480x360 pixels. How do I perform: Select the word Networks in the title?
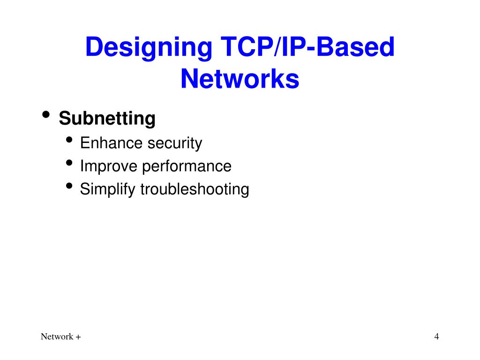coord(240,79)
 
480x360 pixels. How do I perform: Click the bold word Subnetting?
coord(107,119)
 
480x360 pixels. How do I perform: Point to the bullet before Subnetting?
coord(46,115)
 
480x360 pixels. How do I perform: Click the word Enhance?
coord(111,143)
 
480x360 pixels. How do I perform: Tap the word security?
coord(175,143)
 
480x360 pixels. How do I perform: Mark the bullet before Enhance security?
coord(70,140)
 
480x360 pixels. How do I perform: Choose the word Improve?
coord(109,166)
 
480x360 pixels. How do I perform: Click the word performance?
coord(187,166)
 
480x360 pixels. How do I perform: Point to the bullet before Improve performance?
coord(70,163)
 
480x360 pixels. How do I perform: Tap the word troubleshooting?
coord(195,189)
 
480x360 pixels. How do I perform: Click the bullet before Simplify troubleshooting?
coord(70,186)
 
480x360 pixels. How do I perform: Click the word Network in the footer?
coord(57,337)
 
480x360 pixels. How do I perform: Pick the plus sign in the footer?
coord(78,337)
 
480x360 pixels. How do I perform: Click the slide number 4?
coord(436,336)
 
